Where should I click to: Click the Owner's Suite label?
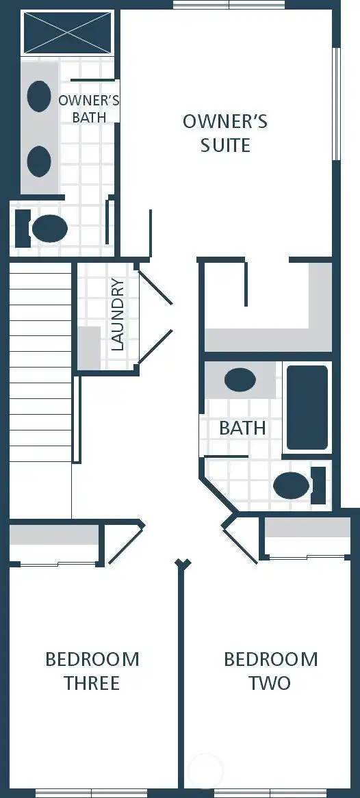point(224,133)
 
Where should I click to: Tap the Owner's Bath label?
point(89,109)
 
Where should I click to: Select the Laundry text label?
point(117,315)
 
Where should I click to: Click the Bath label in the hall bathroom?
point(242,428)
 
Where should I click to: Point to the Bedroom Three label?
point(92,671)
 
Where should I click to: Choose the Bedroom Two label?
point(270,671)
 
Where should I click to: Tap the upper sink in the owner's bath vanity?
point(39,96)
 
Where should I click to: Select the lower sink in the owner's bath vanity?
point(39,161)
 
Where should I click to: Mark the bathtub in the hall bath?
point(307,408)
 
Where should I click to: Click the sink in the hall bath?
point(240,380)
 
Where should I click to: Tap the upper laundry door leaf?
point(155,287)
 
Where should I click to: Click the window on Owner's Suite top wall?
point(229,5)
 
